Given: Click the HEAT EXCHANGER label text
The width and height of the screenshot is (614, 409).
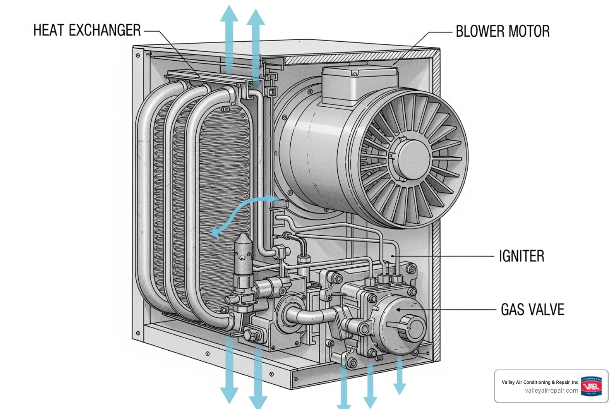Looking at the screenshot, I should pos(87,30).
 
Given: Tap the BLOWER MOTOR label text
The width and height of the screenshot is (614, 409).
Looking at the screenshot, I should pos(502,32).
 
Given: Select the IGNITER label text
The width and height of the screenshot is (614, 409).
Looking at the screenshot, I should pos(521,256).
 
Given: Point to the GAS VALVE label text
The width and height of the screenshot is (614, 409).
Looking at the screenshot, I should pos(532,310).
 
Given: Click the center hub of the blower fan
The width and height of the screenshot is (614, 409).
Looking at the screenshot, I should pos(412,158).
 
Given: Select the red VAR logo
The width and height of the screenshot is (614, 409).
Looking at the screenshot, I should pos(591,386).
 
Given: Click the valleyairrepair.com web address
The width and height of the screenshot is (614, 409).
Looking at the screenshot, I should pos(551,391).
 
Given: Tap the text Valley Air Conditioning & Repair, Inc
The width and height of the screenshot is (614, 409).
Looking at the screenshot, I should pos(540,382).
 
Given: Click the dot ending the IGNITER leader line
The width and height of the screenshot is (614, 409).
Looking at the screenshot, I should pos(393,256).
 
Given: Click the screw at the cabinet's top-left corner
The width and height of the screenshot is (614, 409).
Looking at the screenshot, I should pos(138,55).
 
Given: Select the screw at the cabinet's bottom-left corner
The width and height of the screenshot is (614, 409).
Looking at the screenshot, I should pos(138,333).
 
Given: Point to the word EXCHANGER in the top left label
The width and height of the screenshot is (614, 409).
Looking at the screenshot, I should pos(105,30).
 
